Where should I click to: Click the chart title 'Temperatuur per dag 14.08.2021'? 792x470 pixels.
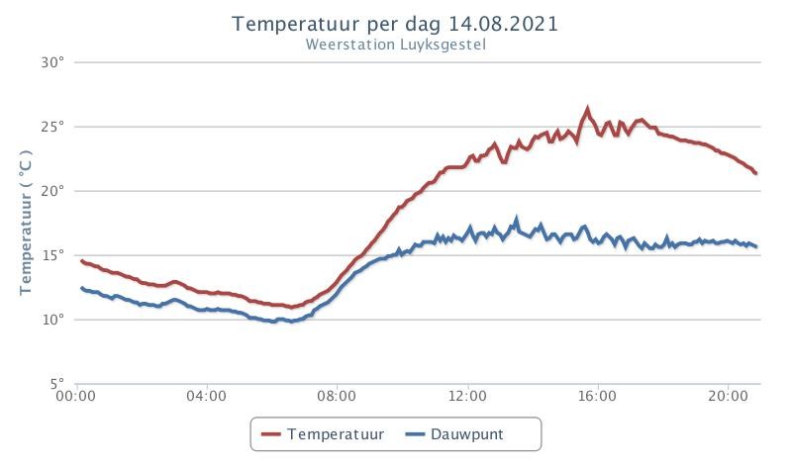coord(395,24)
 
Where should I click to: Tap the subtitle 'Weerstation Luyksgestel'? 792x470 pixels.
coord(395,45)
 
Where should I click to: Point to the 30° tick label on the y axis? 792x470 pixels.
coord(52,62)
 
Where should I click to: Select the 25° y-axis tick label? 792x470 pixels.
coord(52,127)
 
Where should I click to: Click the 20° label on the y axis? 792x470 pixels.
coord(52,191)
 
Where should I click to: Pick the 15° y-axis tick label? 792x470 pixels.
coord(53,255)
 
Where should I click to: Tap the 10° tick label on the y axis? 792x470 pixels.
coord(53,320)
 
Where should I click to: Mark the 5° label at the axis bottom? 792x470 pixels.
coord(57,383)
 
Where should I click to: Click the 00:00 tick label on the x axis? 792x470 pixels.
coord(76,396)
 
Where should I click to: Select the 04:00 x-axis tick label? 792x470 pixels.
coord(206,396)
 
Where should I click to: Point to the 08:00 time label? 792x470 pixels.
coord(337,396)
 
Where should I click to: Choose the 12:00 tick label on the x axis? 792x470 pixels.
coord(467,396)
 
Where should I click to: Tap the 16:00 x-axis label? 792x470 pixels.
coord(597,396)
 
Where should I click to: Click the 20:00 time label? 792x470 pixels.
coord(728,396)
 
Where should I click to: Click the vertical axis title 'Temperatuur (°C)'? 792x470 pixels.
coord(26,223)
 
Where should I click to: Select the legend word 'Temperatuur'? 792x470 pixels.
coord(336,434)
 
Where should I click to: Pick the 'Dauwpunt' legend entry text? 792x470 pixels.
coord(466,434)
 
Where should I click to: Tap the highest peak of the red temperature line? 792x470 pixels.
coord(587,108)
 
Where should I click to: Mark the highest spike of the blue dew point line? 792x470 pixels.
coord(516,219)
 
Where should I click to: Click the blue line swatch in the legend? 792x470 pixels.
coord(415,434)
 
